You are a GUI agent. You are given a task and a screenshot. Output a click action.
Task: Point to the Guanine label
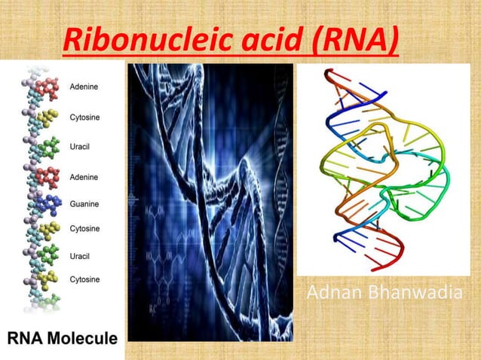(84, 204)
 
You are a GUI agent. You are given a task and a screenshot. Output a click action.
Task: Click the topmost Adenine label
(84, 87)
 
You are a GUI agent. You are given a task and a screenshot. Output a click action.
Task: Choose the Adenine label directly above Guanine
(84, 177)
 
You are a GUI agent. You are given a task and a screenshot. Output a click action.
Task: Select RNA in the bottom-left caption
(27, 338)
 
